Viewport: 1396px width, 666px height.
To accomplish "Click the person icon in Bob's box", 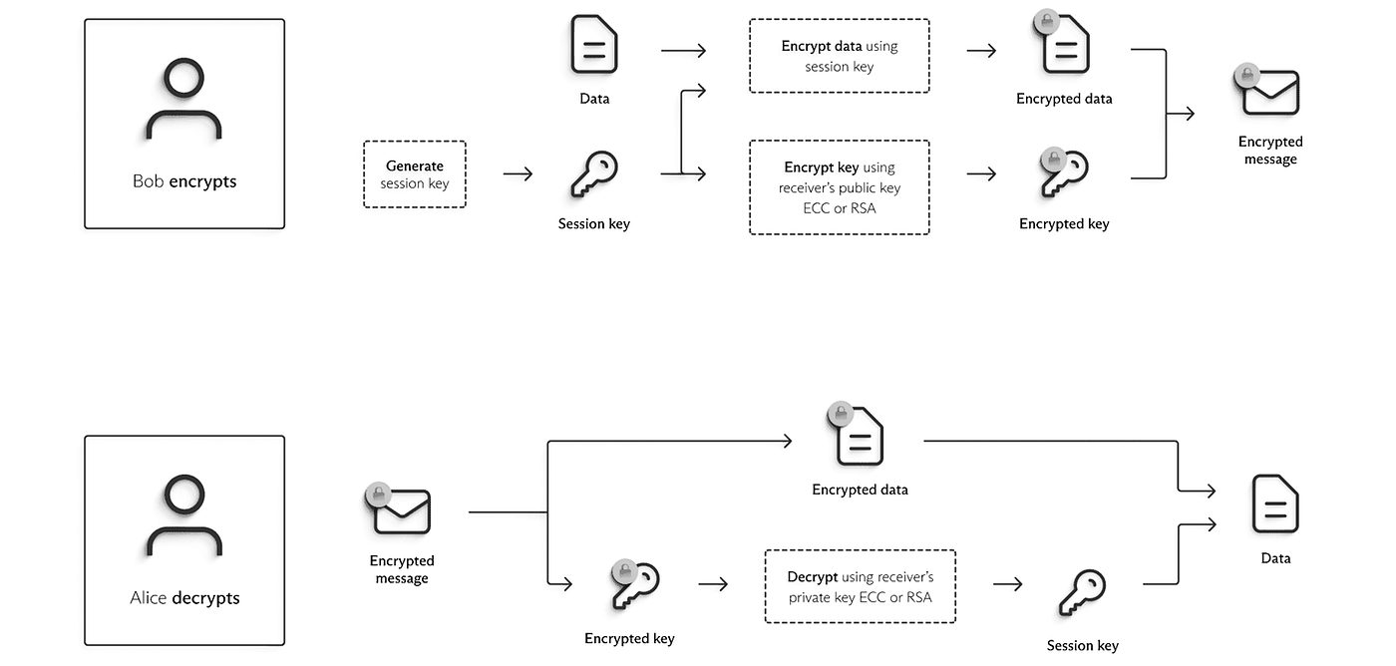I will tap(183, 99).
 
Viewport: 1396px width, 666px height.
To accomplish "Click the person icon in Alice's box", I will tap(183, 515).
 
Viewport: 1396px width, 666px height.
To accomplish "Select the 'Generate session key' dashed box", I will tap(415, 174).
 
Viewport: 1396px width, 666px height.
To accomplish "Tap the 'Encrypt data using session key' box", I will tap(839, 56).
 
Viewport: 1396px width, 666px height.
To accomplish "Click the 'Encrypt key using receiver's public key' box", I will tap(839, 187).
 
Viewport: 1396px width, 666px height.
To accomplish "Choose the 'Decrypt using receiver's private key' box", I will tap(860, 587).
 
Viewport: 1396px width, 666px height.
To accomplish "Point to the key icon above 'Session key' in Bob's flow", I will tap(593, 174).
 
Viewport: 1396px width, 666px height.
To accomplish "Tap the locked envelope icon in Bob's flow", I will tap(1268, 91).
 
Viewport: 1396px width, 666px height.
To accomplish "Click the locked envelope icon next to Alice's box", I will tap(400, 509).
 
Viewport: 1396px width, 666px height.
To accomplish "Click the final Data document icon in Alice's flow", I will tap(1275, 505).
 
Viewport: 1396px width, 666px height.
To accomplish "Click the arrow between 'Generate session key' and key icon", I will tap(518, 174).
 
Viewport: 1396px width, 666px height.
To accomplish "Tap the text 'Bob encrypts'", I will tap(184, 181).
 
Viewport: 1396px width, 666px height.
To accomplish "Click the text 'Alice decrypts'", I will tap(184, 598).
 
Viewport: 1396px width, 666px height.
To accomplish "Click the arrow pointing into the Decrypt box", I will tap(713, 584).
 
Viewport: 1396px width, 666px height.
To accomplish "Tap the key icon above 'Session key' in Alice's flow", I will tap(1082, 594).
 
